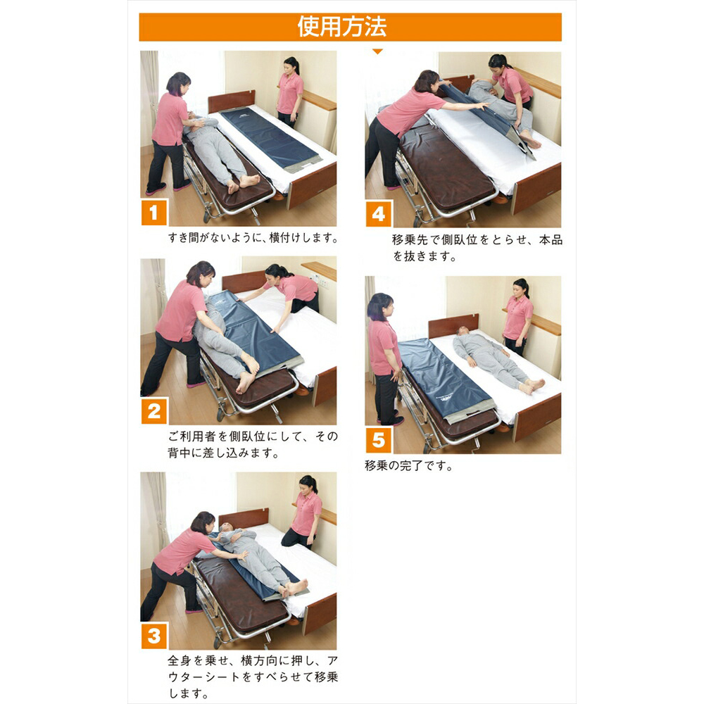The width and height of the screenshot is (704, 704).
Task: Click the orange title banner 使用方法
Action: [x=350, y=27]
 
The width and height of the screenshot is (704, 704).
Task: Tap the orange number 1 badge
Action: [x=154, y=213]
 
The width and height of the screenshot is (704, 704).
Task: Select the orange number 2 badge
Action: [x=154, y=411]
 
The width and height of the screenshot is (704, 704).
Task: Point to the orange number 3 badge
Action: [x=154, y=635]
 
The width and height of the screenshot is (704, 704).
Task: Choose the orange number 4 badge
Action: [x=379, y=214]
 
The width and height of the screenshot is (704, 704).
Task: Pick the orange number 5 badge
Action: [x=379, y=440]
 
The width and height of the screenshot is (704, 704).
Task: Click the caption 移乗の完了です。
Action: [x=408, y=466]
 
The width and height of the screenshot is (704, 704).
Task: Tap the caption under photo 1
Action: [x=253, y=237]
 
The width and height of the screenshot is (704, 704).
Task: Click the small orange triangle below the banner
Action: [x=377, y=51]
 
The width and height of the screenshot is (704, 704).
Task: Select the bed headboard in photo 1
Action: [x=231, y=101]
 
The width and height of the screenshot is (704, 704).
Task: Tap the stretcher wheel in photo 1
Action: [x=207, y=218]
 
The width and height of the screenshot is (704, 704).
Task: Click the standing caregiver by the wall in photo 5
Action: [x=517, y=317]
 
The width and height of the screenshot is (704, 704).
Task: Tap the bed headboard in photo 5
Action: [x=453, y=325]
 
